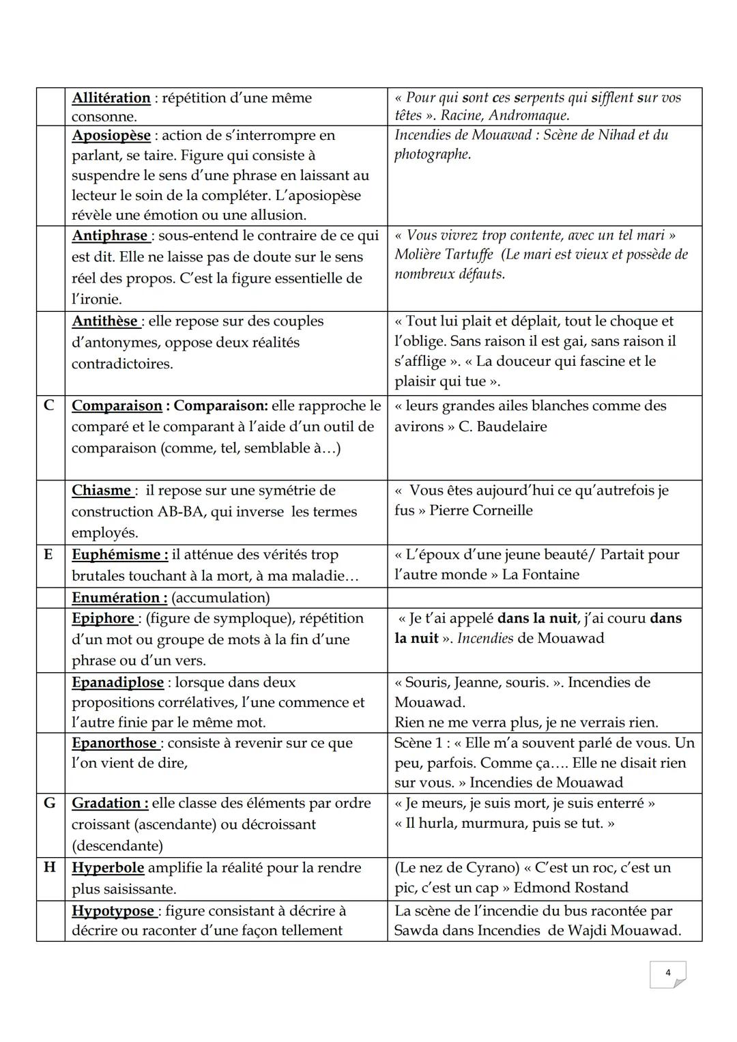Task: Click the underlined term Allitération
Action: click(111, 98)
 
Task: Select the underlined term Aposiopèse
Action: click(111, 135)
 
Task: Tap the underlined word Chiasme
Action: click(102, 490)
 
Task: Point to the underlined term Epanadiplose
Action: click(117, 682)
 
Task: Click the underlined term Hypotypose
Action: click(113, 910)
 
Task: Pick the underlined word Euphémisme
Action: click(119, 554)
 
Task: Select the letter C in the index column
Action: click(49, 405)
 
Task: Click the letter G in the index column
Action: click(49, 802)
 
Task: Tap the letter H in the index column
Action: click(49, 867)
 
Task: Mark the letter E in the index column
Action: click(48, 554)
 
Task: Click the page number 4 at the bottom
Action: click(667, 972)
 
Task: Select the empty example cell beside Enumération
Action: click(544, 598)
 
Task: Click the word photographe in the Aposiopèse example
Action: click(432, 154)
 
